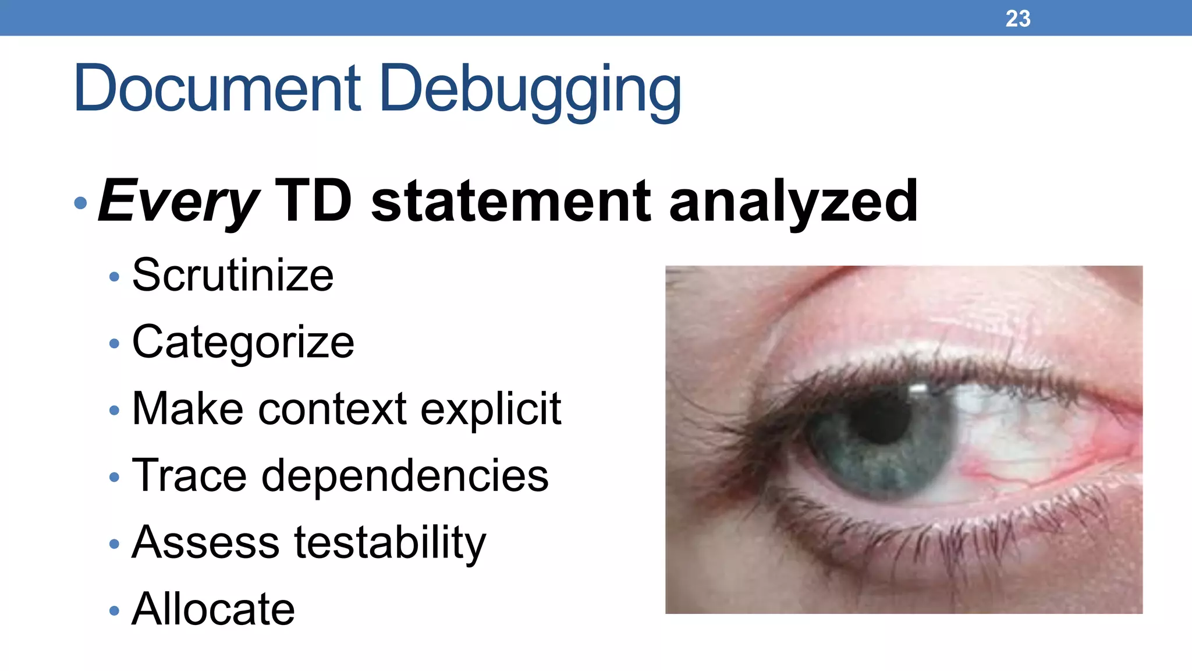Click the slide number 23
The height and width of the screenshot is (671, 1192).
click(x=1017, y=19)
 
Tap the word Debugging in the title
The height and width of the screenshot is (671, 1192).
click(x=530, y=90)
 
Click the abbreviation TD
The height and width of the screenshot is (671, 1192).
click(x=313, y=201)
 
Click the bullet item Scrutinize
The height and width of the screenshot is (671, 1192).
click(x=233, y=275)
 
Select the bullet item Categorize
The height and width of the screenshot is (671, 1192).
click(x=243, y=342)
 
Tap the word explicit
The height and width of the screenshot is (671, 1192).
click(x=491, y=409)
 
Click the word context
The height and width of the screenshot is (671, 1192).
click(x=332, y=409)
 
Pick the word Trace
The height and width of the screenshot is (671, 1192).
click(x=189, y=475)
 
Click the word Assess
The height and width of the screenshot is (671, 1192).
click(x=205, y=542)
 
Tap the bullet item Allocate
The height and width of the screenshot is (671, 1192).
click(x=213, y=609)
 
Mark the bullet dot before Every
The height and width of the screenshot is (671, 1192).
click(x=81, y=203)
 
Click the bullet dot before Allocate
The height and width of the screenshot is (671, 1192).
click(x=114, y=611)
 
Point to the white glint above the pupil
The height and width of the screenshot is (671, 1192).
click(x=918, y=389)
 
